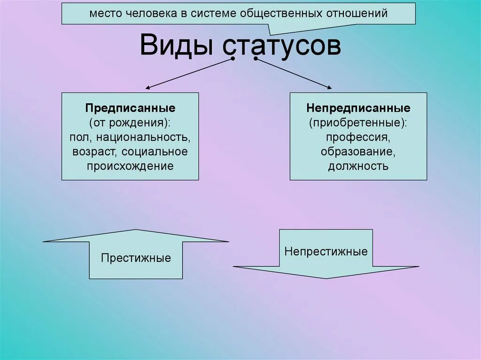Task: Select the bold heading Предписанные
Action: point(130,108)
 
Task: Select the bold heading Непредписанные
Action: point(358,108)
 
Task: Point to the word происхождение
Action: point(130,166)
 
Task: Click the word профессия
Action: point(358,138)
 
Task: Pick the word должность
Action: point(358,166)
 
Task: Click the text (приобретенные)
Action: point(358,123)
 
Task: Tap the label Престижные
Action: point(136,258)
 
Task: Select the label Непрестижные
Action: point(326,251)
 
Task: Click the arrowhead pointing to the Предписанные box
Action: point(148,87)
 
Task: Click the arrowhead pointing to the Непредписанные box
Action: point(329,87)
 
